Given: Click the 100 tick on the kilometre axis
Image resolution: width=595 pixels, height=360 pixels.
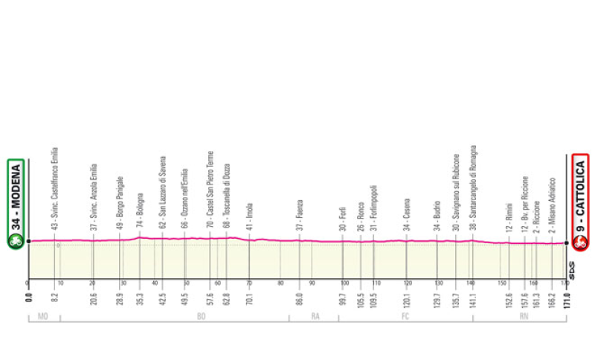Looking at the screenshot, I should point(344,283).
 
